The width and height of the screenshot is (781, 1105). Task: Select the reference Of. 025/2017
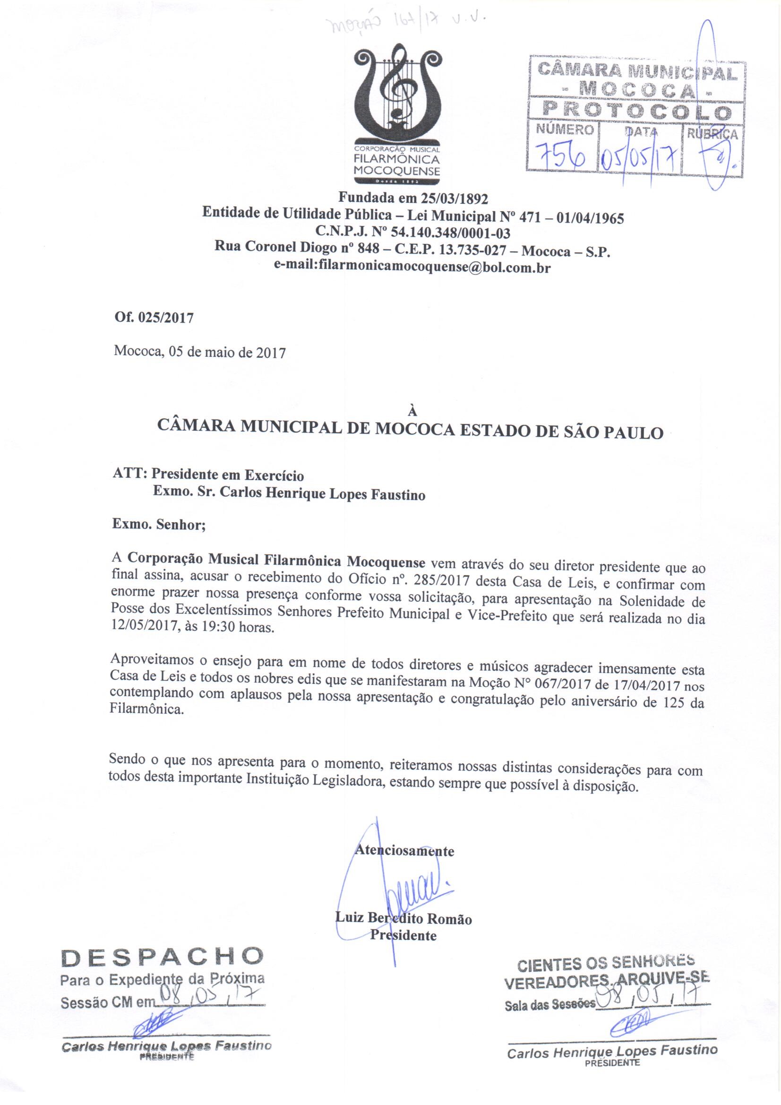pyautogui.click(x=154, y=318)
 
